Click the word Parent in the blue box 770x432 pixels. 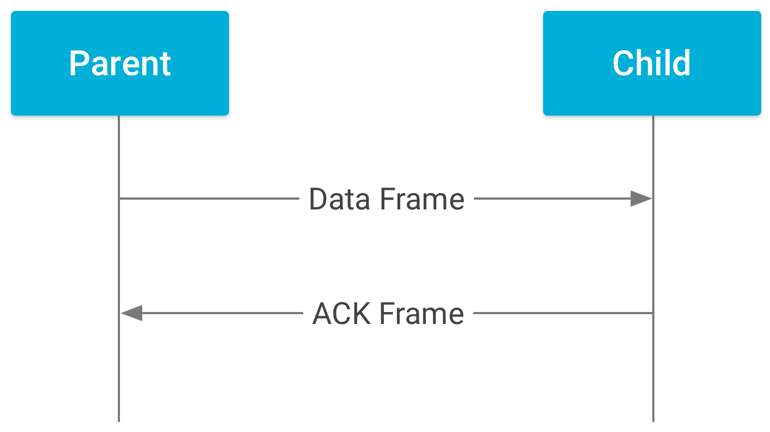[x=120, y=63]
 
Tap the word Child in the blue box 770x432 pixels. [x=652, y=63]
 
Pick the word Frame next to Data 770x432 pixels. [x=422, y=199]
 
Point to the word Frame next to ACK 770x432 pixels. [x=422, y=314]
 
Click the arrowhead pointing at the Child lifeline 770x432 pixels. [x=641, y=199]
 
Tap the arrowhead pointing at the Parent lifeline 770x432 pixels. [x=131, y=313]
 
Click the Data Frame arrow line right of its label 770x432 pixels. [x=551, y=199]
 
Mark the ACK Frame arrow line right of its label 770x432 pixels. [x=562, y=313]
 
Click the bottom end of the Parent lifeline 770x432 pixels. [x=119, y=420]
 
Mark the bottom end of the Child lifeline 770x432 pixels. [x=653, y=420]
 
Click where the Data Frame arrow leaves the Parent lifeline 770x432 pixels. [x=119, y=199]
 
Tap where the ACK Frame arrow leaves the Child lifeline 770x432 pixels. [x=653, y=313]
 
